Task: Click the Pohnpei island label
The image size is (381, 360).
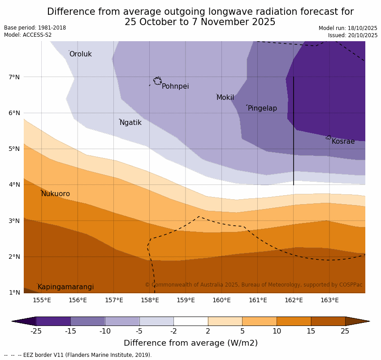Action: [175, 86]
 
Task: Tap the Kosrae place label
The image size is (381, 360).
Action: [343, 141]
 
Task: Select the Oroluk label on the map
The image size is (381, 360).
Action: [80, 54]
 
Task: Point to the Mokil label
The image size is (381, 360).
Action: [225, 98]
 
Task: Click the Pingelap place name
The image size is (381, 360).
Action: [262, 108]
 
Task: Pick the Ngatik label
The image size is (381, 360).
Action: [130, 123]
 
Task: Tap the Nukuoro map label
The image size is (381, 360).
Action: [56, 194]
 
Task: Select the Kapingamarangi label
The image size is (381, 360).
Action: [65, 287]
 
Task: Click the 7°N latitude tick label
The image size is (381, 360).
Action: [14, 77]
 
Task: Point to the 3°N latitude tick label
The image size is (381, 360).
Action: [14, 221]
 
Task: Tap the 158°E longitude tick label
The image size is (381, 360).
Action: [150, 300]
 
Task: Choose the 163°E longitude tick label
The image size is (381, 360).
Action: [329, 300]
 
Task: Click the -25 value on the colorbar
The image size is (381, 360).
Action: [36, 331]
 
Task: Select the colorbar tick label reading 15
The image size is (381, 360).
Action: [311, 331]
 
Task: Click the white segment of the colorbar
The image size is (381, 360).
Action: [190, 321]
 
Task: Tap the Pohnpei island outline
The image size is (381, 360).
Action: [157, 81]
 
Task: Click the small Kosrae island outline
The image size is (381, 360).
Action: [329, 137]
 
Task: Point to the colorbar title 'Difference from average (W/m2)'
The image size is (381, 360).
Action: [190, 343]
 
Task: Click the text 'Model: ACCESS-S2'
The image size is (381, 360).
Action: [28, 35]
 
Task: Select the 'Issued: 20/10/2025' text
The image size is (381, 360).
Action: [352, 35]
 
